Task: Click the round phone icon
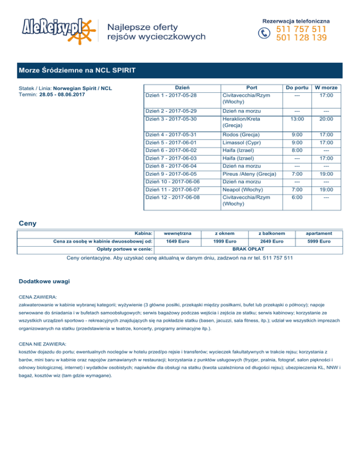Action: coord(265,33)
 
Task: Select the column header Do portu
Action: coord(296,88)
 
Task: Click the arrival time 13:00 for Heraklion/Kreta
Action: coord(296,119)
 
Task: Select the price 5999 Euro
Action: coord(320,241)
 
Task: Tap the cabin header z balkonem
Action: coord(272,233)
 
